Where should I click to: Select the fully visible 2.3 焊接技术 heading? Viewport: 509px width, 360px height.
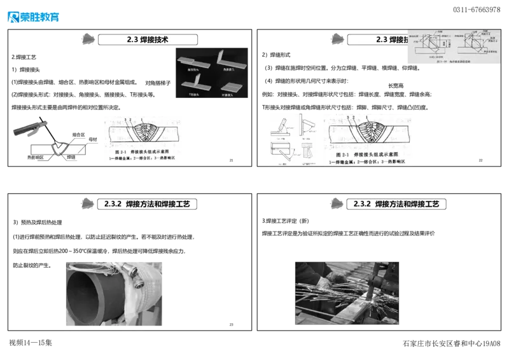pyautogui.click(x=147, y=39)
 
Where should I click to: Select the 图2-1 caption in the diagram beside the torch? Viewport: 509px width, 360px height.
pyautogui.click(x=143, y=153)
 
